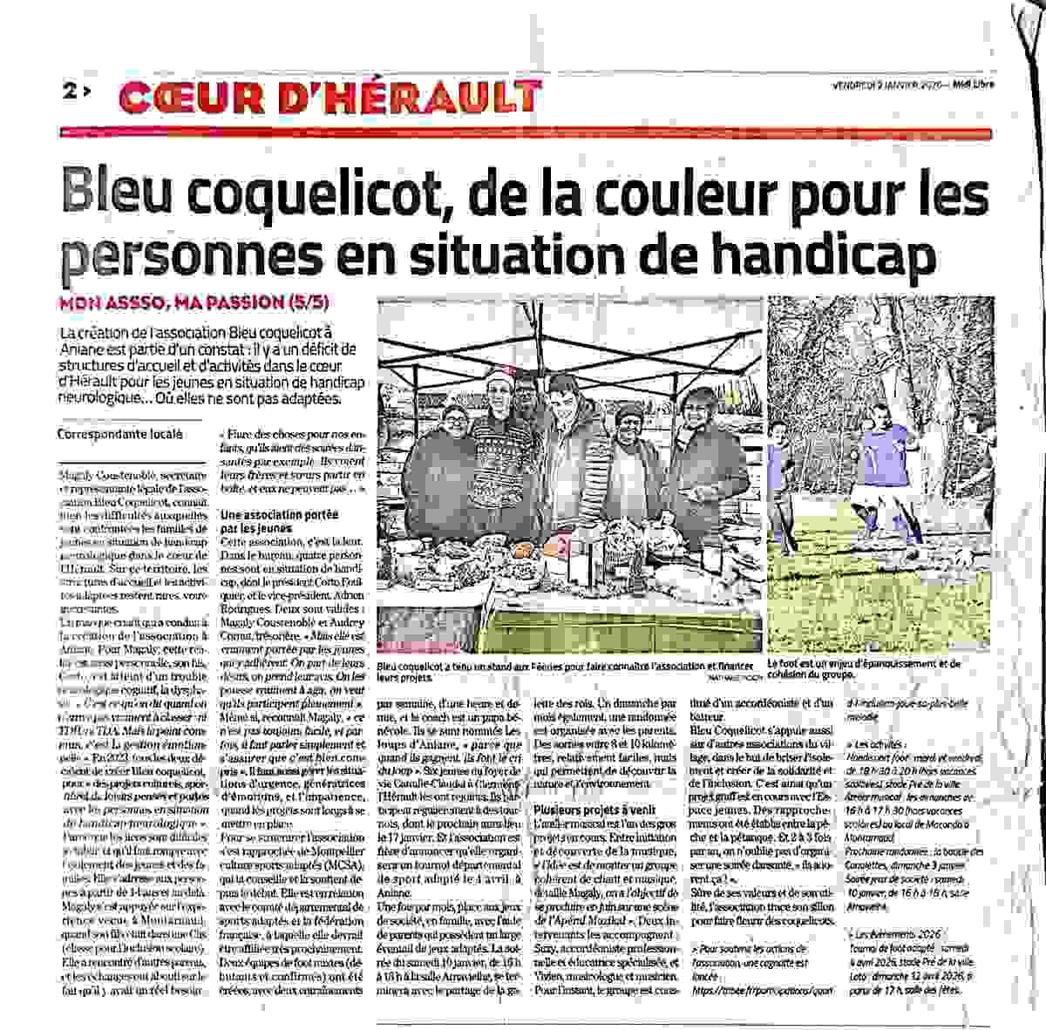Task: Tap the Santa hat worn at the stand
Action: click(497, 378)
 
